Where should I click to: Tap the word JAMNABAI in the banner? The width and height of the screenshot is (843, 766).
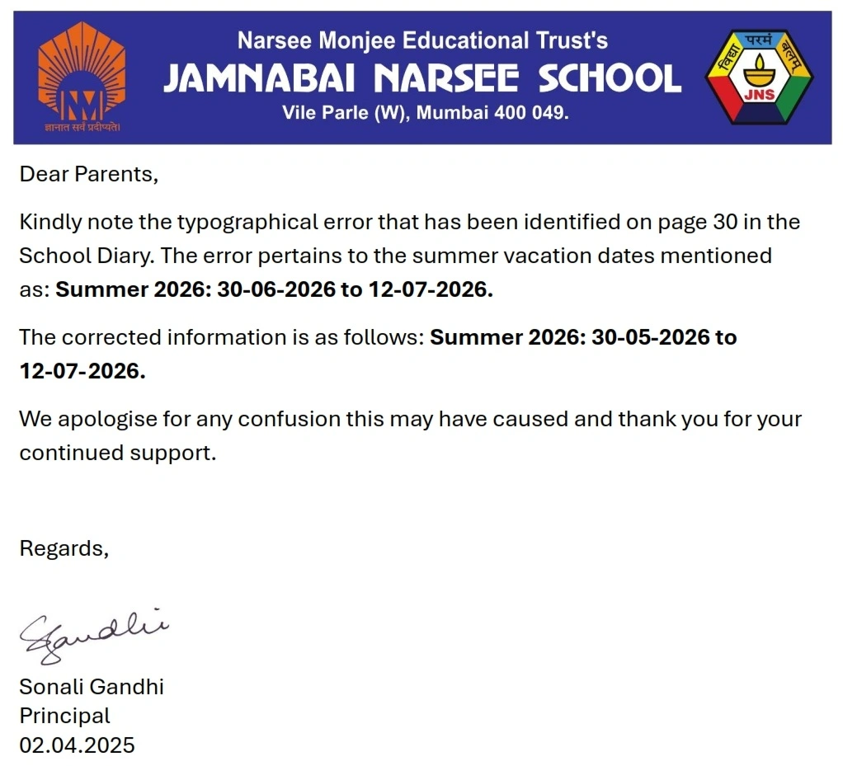point(259,79)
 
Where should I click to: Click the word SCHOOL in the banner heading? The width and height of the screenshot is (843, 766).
point(610,79)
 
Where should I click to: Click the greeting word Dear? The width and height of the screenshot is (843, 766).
point(45,174)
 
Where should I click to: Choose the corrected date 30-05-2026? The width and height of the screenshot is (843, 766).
point(650,337)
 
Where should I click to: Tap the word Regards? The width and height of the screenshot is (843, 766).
point(63,548)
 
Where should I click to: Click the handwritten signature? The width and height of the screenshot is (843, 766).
point(92,634)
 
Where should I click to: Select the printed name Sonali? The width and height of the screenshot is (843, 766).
point(54,686)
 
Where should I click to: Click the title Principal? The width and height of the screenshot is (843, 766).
point(64,716)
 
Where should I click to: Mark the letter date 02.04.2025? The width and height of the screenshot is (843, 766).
point(77,745)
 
